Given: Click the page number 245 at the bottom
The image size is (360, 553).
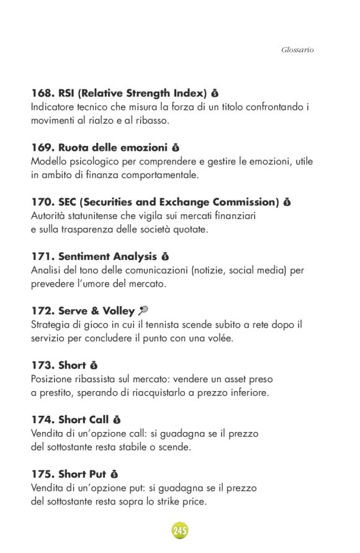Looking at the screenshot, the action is (x=180, y=531).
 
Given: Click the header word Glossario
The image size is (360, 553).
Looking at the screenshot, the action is (x=297, y=49).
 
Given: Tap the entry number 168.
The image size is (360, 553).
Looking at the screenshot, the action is (x=42, y=94).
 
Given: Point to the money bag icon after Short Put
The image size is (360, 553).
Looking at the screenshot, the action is (x=114, y=474).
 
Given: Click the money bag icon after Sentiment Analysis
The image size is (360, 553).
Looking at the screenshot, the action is (x=165, y=256).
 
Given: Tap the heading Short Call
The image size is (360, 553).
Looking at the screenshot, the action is (x=84, y=420).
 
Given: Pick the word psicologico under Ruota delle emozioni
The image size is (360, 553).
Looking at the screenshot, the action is (x=99, y=161).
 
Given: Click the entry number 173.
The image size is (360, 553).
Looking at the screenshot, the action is (x=42, y=366).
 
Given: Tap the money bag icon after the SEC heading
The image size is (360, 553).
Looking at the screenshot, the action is (x=287, y=202).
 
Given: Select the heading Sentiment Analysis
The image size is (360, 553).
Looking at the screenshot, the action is (x=107, y=256).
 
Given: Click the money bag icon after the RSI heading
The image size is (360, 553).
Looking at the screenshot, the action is (x=215, y=94).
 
